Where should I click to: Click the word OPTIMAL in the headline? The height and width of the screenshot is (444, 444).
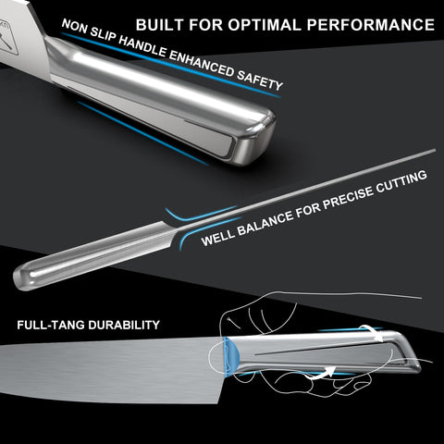point(265,25)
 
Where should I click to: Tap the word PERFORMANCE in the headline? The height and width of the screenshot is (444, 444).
point(371,25)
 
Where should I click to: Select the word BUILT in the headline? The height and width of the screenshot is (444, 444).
point(160,25)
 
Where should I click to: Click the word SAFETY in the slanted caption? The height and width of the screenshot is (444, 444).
point(260,80)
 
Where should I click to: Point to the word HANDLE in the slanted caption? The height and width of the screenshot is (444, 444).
point(142,47)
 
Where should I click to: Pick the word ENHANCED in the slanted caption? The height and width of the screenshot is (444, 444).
point(202,64)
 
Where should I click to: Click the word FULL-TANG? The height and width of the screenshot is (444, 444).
point(51,325)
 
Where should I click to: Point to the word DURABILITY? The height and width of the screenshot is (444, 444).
point(124,325)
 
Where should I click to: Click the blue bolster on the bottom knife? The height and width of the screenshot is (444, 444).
point(230,357)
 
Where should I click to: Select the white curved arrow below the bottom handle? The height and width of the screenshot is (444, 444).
point(321,373)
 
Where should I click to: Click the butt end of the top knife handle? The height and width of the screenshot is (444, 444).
point(256,137)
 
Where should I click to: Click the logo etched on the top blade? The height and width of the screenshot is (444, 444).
point(8,41)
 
